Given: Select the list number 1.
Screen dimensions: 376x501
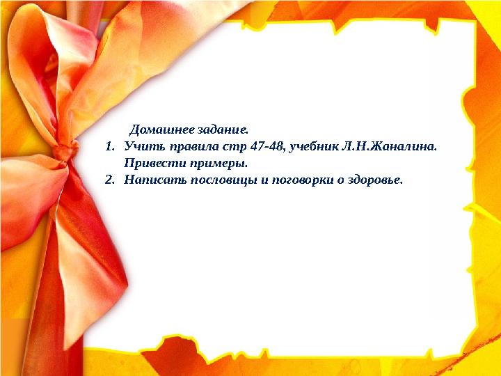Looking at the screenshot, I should pos(110,147).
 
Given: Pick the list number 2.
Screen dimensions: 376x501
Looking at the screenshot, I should pos(110,180).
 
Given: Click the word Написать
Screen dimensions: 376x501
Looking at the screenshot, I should pos(150,180).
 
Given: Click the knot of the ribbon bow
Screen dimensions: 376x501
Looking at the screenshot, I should pos(65,150).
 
